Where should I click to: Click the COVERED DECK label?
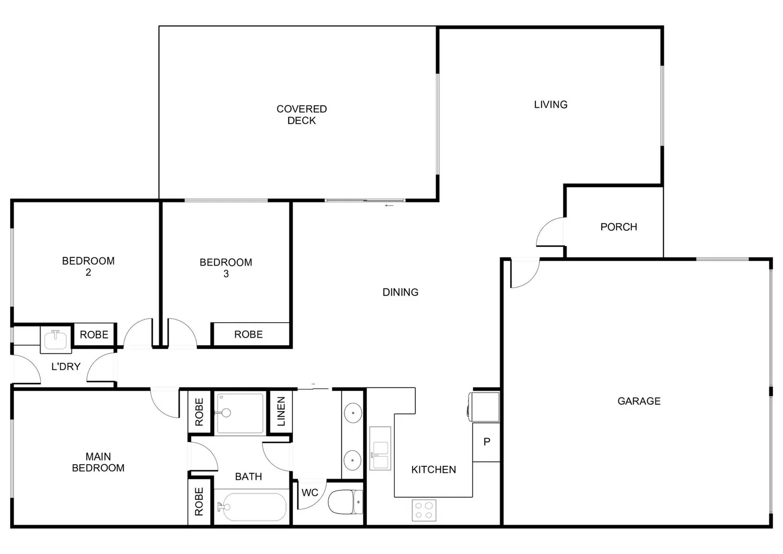[x=302, y=115]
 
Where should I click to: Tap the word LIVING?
[x=551, y=105]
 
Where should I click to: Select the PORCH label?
[x=618, y=227]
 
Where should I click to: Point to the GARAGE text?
[x=639, y=401]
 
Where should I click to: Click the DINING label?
[x=400, y=292]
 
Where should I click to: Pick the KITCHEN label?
[x=433, y=469]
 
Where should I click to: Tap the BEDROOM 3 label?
[x=226, y=268]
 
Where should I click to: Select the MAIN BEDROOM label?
[x=98, y=462]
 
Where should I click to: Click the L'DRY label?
[x=66, y=367]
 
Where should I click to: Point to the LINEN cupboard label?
[x=281, y=411]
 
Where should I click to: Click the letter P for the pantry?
[x=487, y=442]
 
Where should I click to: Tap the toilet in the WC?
[x=346, y=502]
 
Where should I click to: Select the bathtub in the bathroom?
[x=251, y=507]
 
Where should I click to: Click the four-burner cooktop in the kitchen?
[x=424, y=510]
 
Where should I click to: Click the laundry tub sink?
[x=55, y=340]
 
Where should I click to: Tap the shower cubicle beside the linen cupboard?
[x=240, y=413]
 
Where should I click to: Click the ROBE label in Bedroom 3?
[x=248, y=334]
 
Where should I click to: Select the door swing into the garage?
[x=524, y=273]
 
